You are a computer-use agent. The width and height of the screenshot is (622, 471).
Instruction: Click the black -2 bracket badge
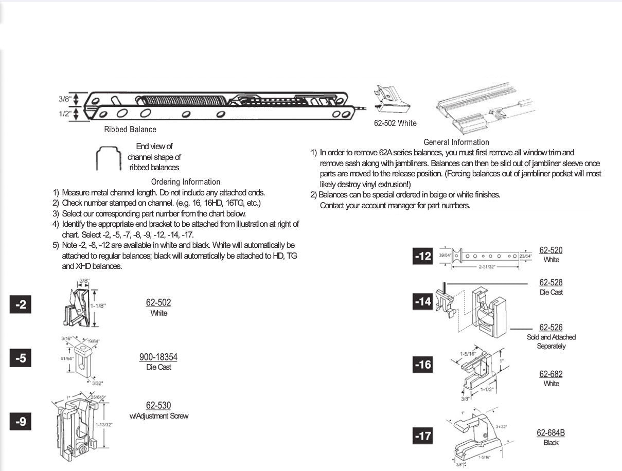(21, 304)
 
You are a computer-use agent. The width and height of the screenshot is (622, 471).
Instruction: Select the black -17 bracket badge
(423, 437)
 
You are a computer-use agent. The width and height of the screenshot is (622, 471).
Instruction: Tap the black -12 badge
(423, 256)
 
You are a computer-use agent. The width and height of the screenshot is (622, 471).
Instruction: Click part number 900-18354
(158, 357)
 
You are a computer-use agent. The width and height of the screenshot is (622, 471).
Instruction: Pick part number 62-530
(158, 406)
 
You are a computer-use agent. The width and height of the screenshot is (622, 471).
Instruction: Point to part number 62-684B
(550, 433)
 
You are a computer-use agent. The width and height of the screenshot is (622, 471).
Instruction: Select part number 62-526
(550, 328)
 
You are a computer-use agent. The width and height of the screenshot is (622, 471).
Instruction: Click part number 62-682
(550, 374)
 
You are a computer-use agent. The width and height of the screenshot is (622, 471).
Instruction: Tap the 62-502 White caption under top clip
(395, 123)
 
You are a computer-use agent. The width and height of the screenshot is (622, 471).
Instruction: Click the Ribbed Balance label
(130, 130)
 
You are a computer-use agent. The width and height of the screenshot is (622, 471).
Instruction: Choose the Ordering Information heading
(186, 182)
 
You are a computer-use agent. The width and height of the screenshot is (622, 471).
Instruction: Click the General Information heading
(456, 142)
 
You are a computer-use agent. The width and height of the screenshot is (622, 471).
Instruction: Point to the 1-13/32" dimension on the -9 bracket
(104, 425)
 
